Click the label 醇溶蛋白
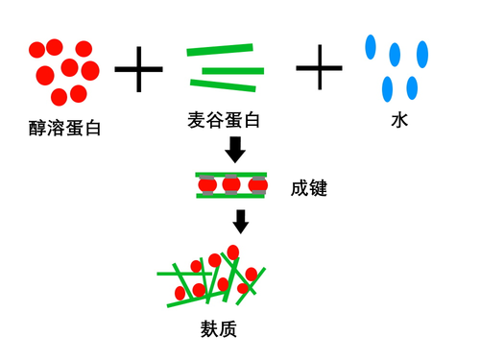tap(64, 127)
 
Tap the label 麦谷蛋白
tap(225, 121)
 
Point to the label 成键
tap(309, 188)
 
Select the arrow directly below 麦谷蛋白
tap(234, 149)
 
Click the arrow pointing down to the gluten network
tap(241, 222)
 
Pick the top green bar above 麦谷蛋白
tap(221, 50)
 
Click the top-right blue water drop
tap(421, 53)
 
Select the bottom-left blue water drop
tap(388, 90)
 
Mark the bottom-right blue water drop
tap(412, 88)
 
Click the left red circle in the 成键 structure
tap(205, 184)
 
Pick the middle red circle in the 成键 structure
tap(231, 184)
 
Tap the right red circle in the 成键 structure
tap(256, 184)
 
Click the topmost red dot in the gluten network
tap(232, 252)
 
